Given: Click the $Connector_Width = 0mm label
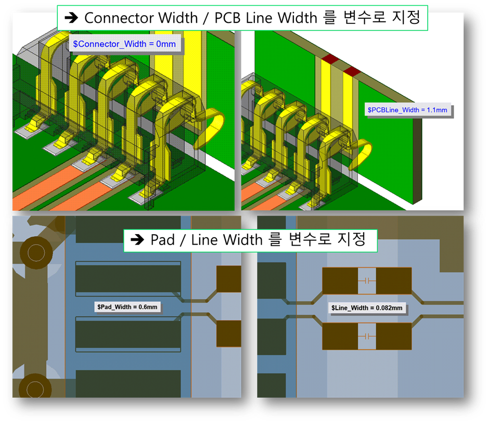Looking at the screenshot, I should pyautogui.click(x=124, y=45).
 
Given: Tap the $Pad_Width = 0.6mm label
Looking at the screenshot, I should pyautogui.click(x=127, y=307).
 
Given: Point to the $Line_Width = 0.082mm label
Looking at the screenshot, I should pyautogui.click(x=367, y=308).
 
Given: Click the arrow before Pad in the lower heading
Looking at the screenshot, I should pyautogui.click(x=137, y=240).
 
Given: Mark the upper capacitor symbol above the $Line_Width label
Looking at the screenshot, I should pyautogui.click(x=367, y=280).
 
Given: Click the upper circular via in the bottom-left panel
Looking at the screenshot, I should pyautogui.click(x=36, y=253).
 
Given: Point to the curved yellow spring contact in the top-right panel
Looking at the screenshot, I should pyautogui.click(x=362, y=153).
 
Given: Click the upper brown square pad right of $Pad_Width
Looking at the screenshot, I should pyautogui.click(x=228, y=278).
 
